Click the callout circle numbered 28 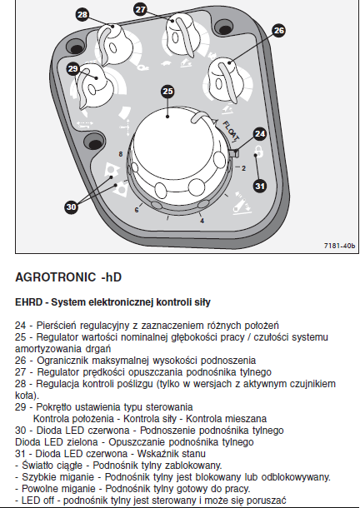(x=82, y=15)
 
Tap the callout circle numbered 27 (x=141, y=9)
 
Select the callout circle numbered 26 (x=279, y=31)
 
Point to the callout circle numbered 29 (x=73, y=68)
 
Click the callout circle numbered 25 (x=167, y=92)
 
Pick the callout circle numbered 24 (x=260, y=134)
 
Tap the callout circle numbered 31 (x=260, y=186)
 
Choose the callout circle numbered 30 (x=72, y=207)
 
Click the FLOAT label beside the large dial (x=231, y=132)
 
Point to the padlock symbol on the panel (x=258, y=151)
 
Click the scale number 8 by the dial (x=121, y=154)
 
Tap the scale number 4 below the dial (x=202, y=221)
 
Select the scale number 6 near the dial (x=137, y=210)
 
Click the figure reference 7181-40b (x=339, y=246)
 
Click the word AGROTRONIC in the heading (x=56, y=277)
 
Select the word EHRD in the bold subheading (x=29, y=302)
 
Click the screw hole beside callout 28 (x=76, y=48)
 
